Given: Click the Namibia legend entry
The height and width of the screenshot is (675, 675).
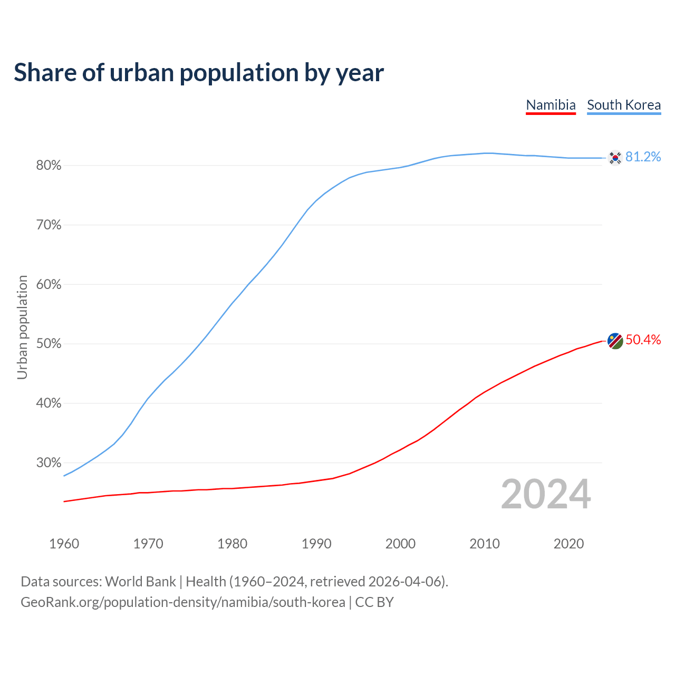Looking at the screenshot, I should (551, 105).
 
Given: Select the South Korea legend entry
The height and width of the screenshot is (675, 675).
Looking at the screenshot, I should (624, 105).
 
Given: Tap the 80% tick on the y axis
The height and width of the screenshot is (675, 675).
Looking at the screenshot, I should (49, 166).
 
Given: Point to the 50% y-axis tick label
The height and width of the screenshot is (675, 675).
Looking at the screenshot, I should (49, 344).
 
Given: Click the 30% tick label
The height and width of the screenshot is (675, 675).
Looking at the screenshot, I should (49, 463).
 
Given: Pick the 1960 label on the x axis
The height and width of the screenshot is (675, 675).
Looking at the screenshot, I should (64, 544).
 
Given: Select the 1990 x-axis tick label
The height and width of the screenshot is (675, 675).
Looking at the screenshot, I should (316, 544).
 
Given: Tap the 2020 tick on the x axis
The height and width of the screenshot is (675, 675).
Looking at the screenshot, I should (568, 544).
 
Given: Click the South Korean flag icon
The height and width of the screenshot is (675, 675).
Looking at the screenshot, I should (615, 158).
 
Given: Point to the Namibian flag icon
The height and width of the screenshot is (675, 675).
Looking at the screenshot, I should (615, 341).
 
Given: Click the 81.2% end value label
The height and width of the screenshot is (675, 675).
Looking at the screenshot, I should (643, 157).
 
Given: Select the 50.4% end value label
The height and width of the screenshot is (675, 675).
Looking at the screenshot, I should (643, 340).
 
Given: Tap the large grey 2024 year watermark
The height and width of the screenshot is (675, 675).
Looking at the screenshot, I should (546, 494).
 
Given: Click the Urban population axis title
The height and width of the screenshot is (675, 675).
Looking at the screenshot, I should (22, 327).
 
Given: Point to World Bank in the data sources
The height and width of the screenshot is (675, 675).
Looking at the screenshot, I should (140, 582).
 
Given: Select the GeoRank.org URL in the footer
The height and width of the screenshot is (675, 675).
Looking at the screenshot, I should (183, 602).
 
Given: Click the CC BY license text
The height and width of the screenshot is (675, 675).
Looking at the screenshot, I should (374, 602).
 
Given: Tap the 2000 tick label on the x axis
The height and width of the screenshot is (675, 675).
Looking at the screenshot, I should (400, 544).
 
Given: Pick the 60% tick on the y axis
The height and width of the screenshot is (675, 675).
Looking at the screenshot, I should (49, 285).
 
